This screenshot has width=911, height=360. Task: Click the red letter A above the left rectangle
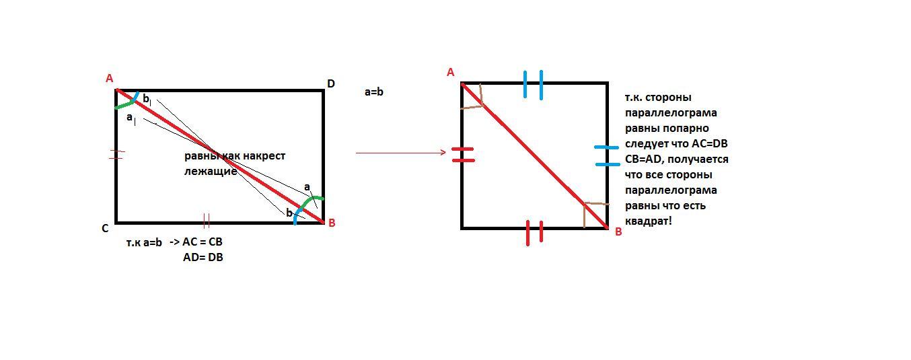pos(109,78)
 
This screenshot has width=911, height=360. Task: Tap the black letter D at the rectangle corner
pos(331,84)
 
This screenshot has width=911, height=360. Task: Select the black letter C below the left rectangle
pos(105,229)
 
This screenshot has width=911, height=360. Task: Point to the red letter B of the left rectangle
pos(332,223)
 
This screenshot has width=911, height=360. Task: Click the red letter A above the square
pos(450,73)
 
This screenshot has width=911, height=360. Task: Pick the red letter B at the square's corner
pos(618,232)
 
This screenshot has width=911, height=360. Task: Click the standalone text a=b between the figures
pos(374,92)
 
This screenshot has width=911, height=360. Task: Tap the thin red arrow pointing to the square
pos(401,153)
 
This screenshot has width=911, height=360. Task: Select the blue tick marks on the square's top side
pos(533,85)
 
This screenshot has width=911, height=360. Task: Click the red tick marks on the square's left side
pos(463,155)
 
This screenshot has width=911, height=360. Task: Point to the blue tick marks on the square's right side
pos(607,156)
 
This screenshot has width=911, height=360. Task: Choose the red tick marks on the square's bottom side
pos(534,233)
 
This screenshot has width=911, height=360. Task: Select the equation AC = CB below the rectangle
pos(203,242)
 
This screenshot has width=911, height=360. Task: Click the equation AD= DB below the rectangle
pos(203,258)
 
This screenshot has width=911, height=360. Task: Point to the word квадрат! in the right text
pos(649,221)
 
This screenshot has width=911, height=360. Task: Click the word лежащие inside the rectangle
pos(211,172)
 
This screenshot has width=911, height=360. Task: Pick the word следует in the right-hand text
pos(645,144)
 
